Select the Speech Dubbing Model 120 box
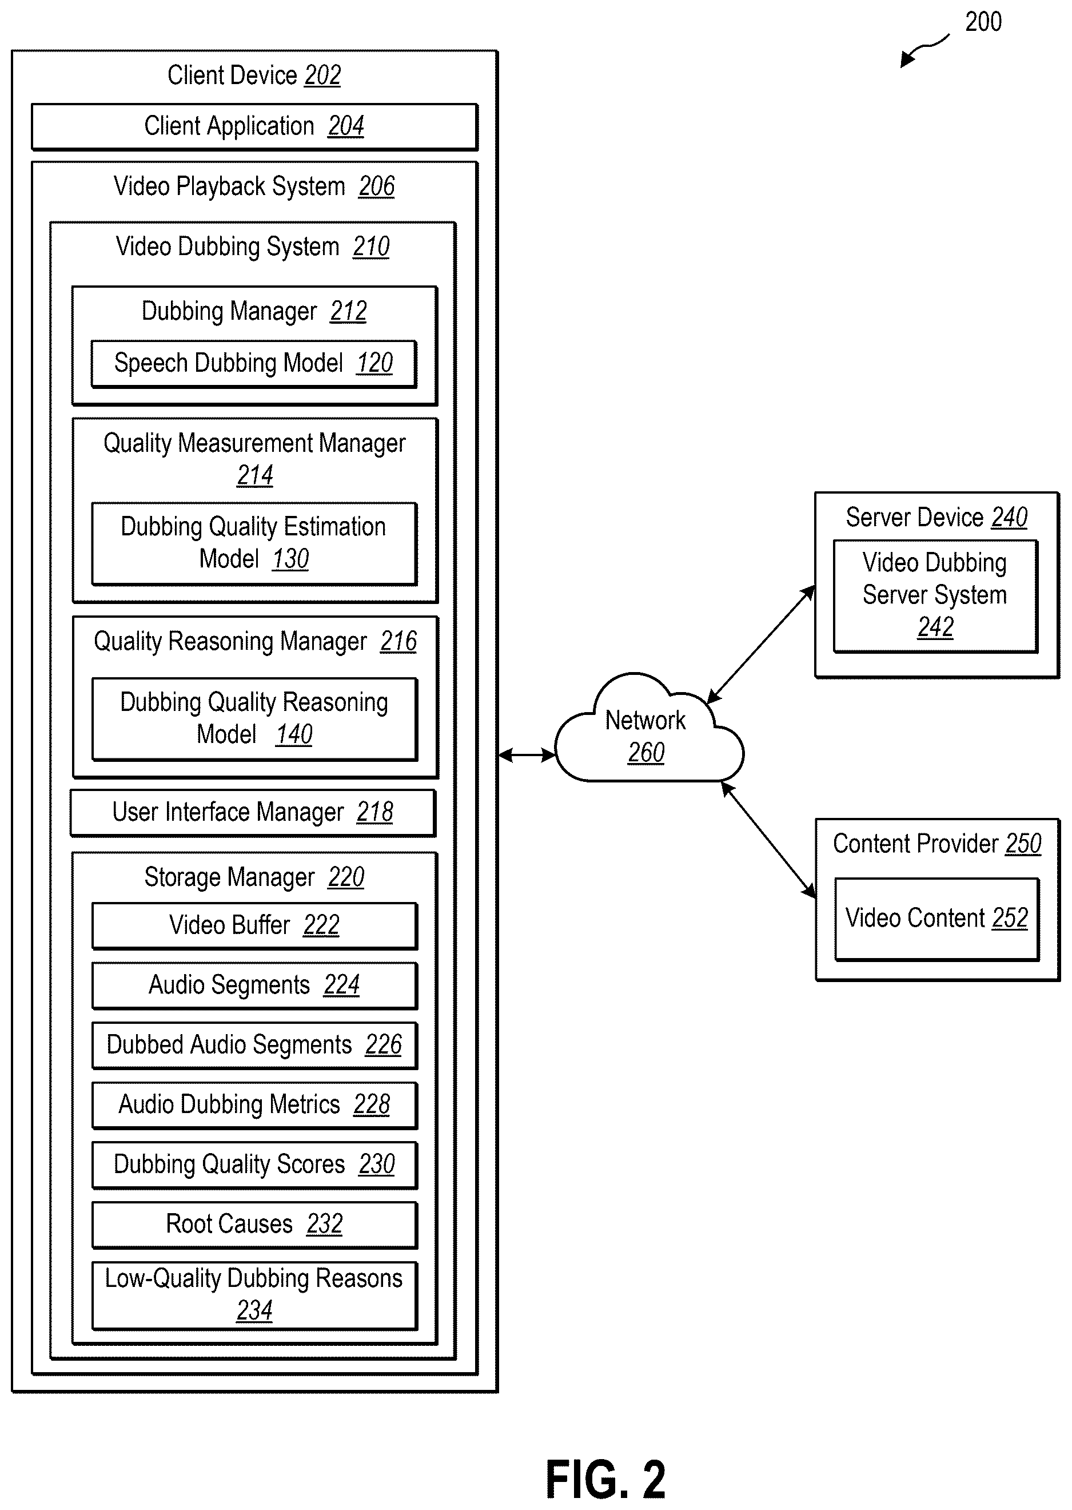[254, 364]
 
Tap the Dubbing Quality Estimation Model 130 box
[254, 543]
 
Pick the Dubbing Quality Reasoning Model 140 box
[254, 719]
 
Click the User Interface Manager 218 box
[253, 813]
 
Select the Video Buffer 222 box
[254, 925]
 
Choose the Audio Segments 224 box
[254, 985]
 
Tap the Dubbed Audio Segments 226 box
[254, 1045]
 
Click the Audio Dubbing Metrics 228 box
[254, 1104]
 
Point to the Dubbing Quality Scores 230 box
[254, 1165]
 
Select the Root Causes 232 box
[254, 1225]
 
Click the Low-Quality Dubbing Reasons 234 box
[254, 1296]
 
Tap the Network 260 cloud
[649, 730]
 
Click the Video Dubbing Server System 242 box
[935, 596]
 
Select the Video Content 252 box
[936, 919]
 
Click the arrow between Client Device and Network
[527, 754]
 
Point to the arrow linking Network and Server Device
[761, 645]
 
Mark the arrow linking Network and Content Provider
[768, 840]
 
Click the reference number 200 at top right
[983, 22]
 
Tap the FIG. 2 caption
[605, 1480]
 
